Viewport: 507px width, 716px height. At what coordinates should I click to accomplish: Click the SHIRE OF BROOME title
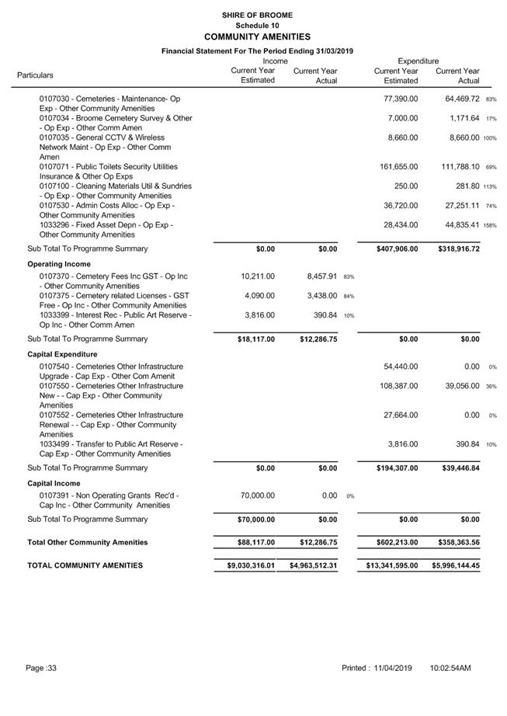coord(256,15)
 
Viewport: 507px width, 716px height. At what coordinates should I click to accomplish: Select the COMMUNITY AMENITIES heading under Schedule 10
coord(256,36)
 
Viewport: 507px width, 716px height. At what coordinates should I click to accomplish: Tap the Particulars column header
coord(36,75)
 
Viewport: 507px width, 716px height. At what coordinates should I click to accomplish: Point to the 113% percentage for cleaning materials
coord(489,186)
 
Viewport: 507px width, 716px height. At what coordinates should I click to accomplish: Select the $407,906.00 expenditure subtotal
coord(392,249)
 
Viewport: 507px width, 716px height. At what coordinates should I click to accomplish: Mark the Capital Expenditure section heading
coord(63,354)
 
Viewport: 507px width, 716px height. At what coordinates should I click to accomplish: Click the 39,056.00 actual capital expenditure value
coord(457,386)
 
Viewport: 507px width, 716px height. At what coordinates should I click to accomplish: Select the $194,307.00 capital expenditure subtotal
coord(392,468)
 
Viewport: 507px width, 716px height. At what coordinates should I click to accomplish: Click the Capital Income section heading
coord(54,482)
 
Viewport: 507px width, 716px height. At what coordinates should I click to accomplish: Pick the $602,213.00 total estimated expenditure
coord(392,542)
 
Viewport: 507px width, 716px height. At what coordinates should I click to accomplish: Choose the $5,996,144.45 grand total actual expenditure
coord(456,566)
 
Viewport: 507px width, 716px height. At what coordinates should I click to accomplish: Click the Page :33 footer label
coord(41,668)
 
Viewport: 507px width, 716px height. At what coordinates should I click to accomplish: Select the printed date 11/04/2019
coord(392,668)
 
